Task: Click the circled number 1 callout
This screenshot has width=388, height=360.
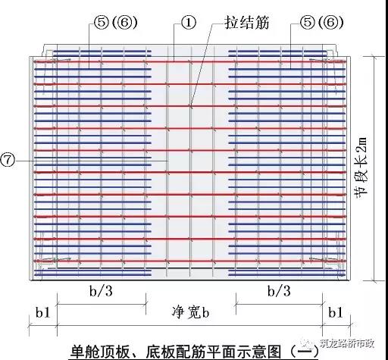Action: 189,22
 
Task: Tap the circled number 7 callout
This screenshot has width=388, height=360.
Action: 8,161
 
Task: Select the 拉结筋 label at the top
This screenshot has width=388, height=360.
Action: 247,23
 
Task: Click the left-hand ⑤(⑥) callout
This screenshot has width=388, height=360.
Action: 116,22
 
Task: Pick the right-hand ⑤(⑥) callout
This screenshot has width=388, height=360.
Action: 321,22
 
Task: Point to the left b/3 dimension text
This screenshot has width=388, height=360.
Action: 101,291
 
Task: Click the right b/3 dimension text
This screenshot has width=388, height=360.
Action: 279,291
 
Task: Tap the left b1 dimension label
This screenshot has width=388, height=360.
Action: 43,312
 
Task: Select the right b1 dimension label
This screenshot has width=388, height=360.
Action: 336,312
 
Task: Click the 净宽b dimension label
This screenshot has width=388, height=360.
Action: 191,312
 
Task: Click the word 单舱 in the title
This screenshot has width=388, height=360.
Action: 86,351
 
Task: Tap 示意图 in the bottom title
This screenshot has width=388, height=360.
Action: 258,351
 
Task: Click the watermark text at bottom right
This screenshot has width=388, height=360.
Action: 347,343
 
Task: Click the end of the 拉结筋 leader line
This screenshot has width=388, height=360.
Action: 191,105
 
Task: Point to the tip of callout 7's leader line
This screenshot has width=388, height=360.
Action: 167,161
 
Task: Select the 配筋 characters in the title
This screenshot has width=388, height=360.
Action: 191,351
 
